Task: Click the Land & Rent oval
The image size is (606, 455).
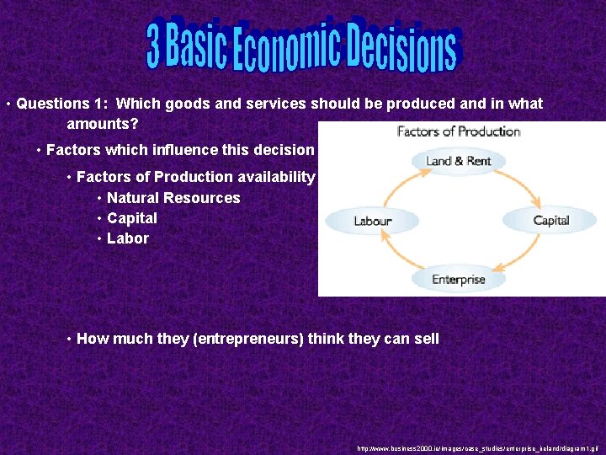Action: pyautogui.click(x=459, y=161)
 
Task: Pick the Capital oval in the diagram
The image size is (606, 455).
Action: pyautogui.click(x=550, y=221)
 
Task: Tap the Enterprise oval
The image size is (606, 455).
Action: pyautogui.click(x=459, y=279)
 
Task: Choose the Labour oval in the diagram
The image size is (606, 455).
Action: pyautogui.click(x=373, y=221)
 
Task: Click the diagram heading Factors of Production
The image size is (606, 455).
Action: pyautogui.click(x=459, y=131)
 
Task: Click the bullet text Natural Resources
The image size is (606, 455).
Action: pyautogui.click(x=173, y=198)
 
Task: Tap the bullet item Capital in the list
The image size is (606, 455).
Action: pyautogui.click(x=132, y=218)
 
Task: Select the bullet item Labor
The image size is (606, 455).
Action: pyautogui.click(x=128, y=238)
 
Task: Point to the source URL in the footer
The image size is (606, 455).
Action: pyautogui.click(x=476, y=447)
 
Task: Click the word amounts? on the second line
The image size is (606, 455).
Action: pyautogui.click(x=103, y=124)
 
